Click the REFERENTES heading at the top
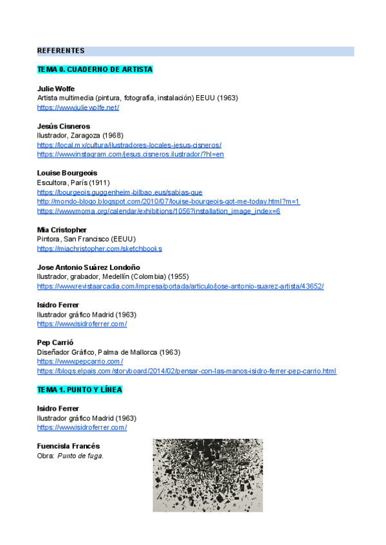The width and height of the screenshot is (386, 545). tap(60, 51)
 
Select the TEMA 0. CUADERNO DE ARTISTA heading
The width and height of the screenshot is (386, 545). tap(95, 69)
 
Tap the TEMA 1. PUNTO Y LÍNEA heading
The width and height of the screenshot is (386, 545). tap(80, 390)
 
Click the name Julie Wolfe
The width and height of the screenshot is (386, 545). tap(56, 89)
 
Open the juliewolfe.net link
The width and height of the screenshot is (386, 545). tap(78, 107)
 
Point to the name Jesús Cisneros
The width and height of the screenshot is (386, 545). tap(64, 126)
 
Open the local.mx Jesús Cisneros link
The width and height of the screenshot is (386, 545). tap(129, 145)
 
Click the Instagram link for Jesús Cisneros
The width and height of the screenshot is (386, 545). tap(131, 154)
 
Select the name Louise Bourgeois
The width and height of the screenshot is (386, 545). tap(68, 173)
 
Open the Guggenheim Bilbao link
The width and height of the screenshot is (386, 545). tap(120, 192)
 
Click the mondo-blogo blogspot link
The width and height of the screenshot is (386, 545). tap(169, 201)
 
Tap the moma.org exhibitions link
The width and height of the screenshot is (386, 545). tap(158, 211)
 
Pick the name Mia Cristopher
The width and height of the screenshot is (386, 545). tap(62, 229)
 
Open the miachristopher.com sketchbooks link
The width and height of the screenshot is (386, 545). tap(100, 249)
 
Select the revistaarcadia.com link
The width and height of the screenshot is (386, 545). tap(180, 286)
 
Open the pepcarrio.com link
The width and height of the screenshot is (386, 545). tap(80, 362)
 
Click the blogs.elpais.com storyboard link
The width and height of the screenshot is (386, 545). tap(187, 371)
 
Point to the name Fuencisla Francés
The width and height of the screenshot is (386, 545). tap(68, 446)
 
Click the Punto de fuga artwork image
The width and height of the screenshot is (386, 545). tap(208, 475)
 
